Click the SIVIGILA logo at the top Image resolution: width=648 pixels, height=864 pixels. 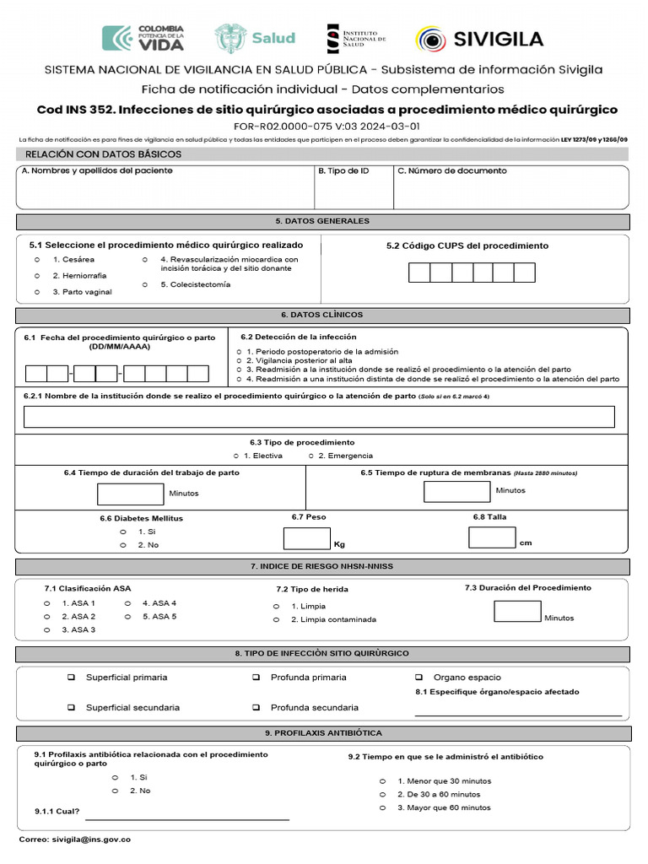tap(478, 39)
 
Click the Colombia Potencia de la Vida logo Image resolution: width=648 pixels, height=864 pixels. tap(143, 39)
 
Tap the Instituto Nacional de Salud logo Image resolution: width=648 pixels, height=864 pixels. tap(355, 39)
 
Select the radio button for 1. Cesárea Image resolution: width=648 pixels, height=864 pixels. tap(37, 260)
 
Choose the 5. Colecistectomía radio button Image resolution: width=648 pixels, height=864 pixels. tap(145, 285)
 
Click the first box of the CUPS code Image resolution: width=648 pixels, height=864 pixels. tap(419, 273)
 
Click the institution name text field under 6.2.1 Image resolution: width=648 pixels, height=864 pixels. tap(319, 417)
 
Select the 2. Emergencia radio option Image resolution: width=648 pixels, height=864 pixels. tap(310, 456)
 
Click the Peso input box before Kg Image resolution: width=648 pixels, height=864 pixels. tap(307, 538)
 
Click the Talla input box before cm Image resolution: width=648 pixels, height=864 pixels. tap(491, 537)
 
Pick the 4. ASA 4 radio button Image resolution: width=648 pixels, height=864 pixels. tap(127, 603)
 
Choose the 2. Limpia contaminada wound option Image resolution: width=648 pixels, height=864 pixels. tap(276, 619)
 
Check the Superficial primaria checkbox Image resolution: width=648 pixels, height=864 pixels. tap(72, 678)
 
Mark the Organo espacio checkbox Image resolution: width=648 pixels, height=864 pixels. tap(418, 678)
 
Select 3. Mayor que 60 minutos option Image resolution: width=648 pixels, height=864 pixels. tap(382, 807)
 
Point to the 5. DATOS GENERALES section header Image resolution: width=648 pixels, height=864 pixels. tap(322, 221)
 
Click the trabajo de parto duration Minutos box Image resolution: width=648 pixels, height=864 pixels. tap(131, 494)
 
